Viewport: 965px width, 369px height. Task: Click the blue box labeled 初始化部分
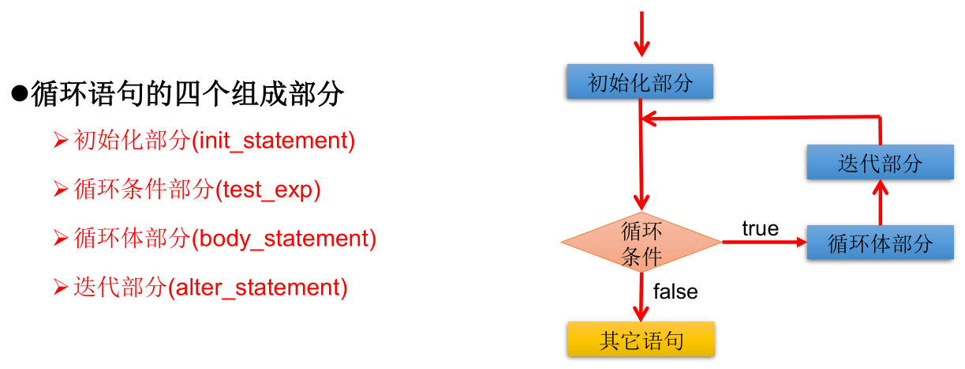click(x=640, y=82)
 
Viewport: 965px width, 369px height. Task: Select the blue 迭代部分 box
click(x=880, y=164)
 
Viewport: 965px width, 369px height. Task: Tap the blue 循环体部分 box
click(x=880, y=243)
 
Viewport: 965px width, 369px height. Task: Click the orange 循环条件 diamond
click(x=641, y=243)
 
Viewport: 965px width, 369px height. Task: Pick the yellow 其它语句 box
click(x=641, y=340)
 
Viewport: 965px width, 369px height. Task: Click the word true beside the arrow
click(x=761, y=228)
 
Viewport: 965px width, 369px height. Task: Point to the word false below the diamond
click(x=675, y=292)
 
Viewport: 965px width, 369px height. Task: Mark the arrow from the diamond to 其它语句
click(x=642, y=297)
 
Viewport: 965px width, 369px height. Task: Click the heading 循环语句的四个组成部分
click(x=188, y=95)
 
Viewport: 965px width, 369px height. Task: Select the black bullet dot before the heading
click(x=20, y=95)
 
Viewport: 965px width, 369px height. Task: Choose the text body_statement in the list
click(x=284, y=239)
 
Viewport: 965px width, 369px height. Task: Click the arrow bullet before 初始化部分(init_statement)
click(x=61, y=141)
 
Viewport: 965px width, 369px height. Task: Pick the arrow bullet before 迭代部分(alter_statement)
click(x=61, y=288)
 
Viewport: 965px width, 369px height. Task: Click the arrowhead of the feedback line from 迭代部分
click(x=649, y=119)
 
